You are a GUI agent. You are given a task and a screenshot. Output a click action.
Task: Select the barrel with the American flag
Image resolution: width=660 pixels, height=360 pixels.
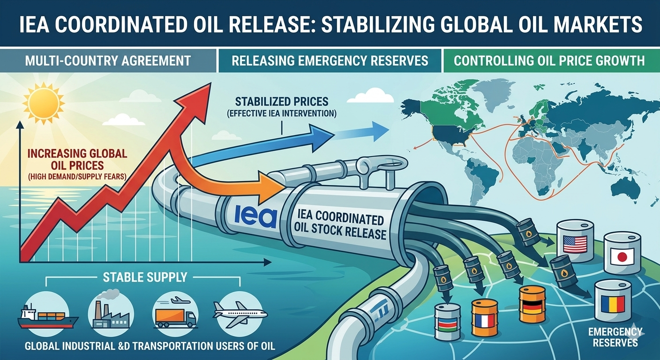(575, 243)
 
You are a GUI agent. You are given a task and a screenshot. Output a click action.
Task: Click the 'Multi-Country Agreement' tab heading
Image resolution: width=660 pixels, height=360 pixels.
(108, 60)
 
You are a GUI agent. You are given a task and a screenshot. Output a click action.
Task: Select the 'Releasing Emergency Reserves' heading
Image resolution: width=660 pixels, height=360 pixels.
(330, 60)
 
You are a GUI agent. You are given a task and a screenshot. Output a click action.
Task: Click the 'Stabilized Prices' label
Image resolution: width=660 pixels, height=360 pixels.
(282, 102)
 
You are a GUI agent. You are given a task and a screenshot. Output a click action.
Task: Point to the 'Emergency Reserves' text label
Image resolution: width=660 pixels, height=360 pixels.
(615, 337)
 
